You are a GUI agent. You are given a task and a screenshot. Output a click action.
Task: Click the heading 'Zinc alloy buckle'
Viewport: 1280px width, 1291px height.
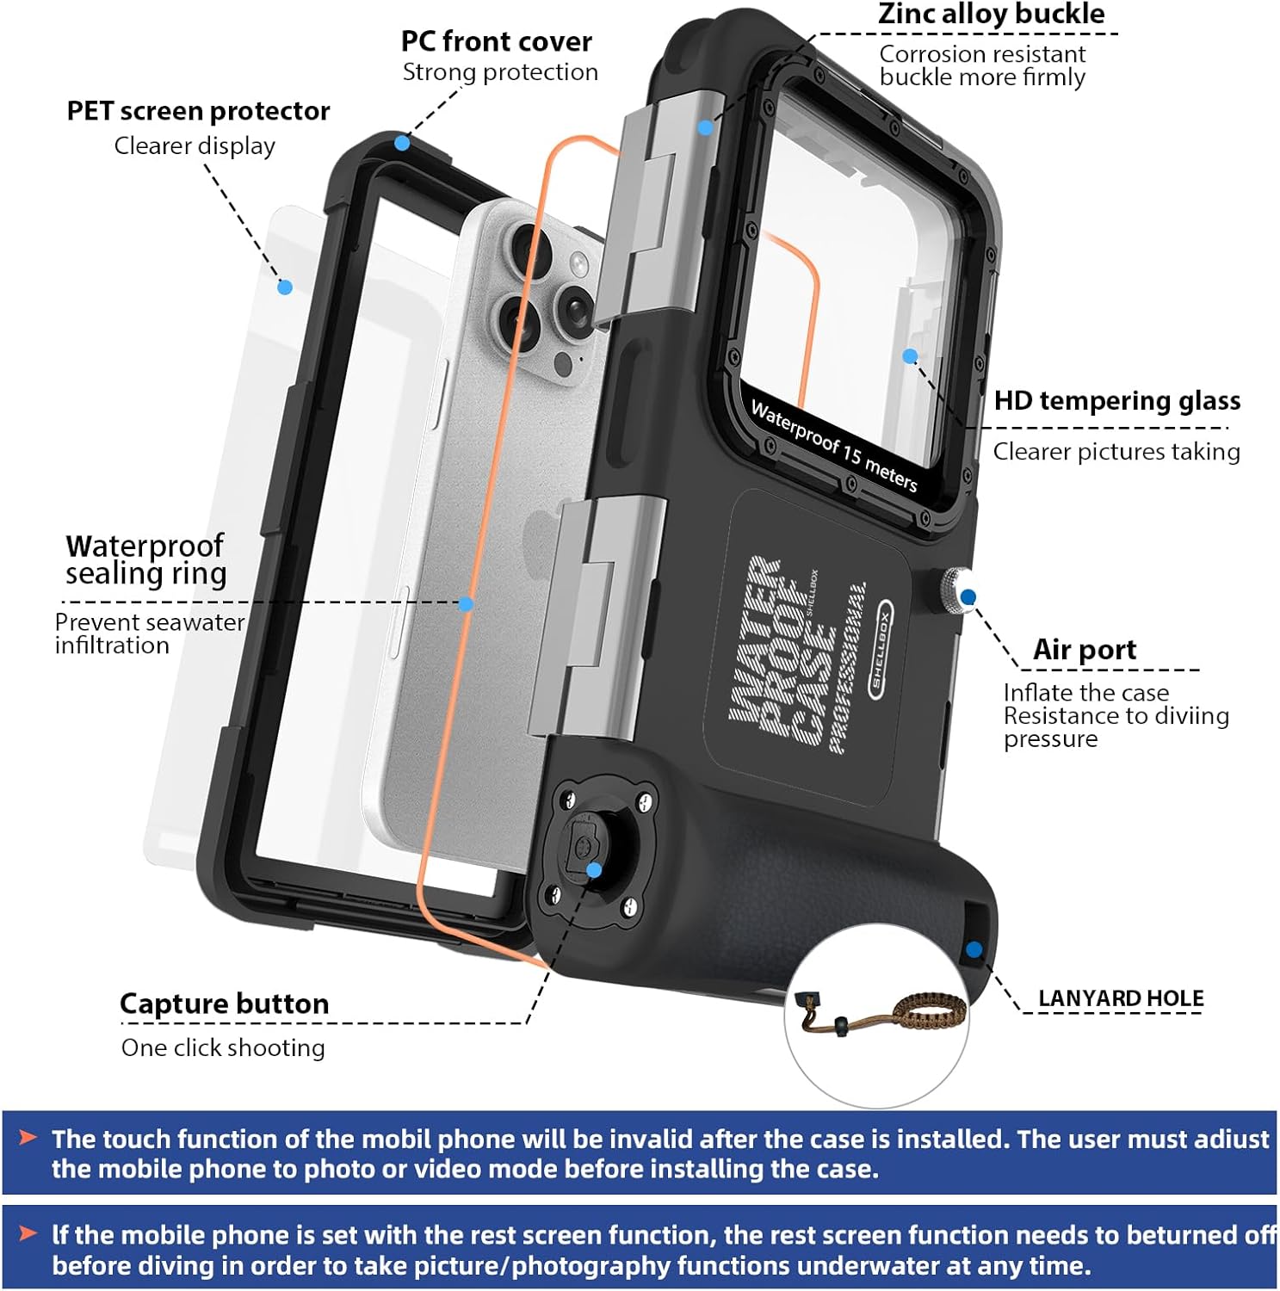pos(991,15)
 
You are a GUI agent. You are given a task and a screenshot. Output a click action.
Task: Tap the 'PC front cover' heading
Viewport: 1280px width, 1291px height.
pos(497,41)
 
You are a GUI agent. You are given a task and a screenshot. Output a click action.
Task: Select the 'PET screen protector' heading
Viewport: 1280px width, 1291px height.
pos(198,111)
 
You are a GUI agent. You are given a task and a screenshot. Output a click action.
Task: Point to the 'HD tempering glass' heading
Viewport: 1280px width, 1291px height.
pos(1116,400)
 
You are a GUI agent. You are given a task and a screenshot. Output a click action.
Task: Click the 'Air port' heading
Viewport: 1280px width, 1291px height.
pos(1084,650)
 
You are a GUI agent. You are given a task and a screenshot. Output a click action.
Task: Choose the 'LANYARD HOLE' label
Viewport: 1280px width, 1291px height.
pos(1120,998)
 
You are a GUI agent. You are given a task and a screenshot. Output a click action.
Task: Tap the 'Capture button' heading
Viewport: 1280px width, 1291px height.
pos(224,1004)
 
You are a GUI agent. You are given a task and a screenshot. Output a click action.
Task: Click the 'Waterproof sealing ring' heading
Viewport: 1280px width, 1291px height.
pos(145,559)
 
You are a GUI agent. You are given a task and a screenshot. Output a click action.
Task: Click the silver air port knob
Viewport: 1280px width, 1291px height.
pos(955,590)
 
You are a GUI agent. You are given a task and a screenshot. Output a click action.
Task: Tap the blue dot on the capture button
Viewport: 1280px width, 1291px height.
pos(594,870)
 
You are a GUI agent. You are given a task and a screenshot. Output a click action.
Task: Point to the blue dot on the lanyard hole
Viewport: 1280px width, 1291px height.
pos(974,949)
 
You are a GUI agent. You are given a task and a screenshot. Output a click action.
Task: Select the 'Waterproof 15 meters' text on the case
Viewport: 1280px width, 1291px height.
pos(833,445)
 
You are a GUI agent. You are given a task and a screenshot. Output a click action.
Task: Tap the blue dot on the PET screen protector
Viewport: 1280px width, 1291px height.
pos(285,287)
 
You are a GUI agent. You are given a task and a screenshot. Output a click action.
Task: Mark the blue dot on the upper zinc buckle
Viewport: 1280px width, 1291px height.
pos(705,127)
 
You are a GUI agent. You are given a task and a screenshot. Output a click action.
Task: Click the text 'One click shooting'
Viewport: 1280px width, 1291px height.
pos(223,1047)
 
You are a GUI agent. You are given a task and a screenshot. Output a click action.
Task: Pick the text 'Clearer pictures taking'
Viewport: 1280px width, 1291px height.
pos(1116,451)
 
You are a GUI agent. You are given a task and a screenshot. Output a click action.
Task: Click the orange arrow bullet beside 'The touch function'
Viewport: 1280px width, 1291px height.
pos(28,1138)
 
